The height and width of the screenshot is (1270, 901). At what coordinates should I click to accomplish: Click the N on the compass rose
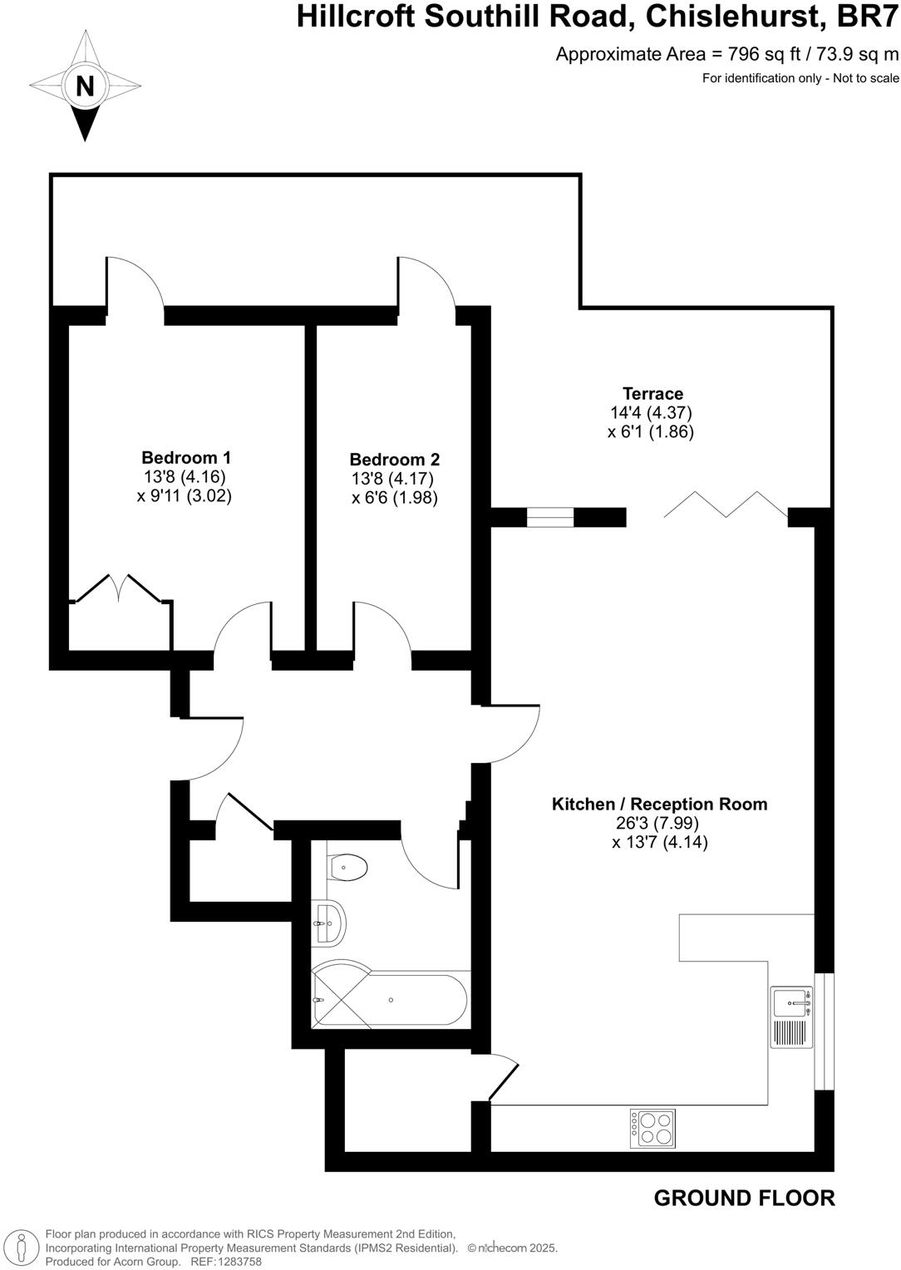point(85,86)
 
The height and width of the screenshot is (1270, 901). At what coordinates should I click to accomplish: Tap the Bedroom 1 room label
point(186,457)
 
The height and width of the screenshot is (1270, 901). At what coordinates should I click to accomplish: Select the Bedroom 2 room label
point(394,460)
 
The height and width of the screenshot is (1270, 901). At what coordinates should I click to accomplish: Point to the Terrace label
point(652,394)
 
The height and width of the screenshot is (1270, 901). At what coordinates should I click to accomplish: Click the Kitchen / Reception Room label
point(659,804)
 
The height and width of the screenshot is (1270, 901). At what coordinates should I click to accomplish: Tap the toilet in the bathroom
point(347,869)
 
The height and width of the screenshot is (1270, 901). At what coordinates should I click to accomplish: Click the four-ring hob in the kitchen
point(652,1129)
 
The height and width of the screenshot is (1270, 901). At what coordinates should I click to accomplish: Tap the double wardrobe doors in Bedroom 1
point(119,588)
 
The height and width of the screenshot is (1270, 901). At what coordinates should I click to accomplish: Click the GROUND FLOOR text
point(744,1198)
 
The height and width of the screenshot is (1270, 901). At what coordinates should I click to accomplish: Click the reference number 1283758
point(239,1262)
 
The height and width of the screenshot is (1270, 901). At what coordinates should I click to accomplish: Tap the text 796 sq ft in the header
point(764,55)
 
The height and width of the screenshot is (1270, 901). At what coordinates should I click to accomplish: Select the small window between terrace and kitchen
point(550,517)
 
